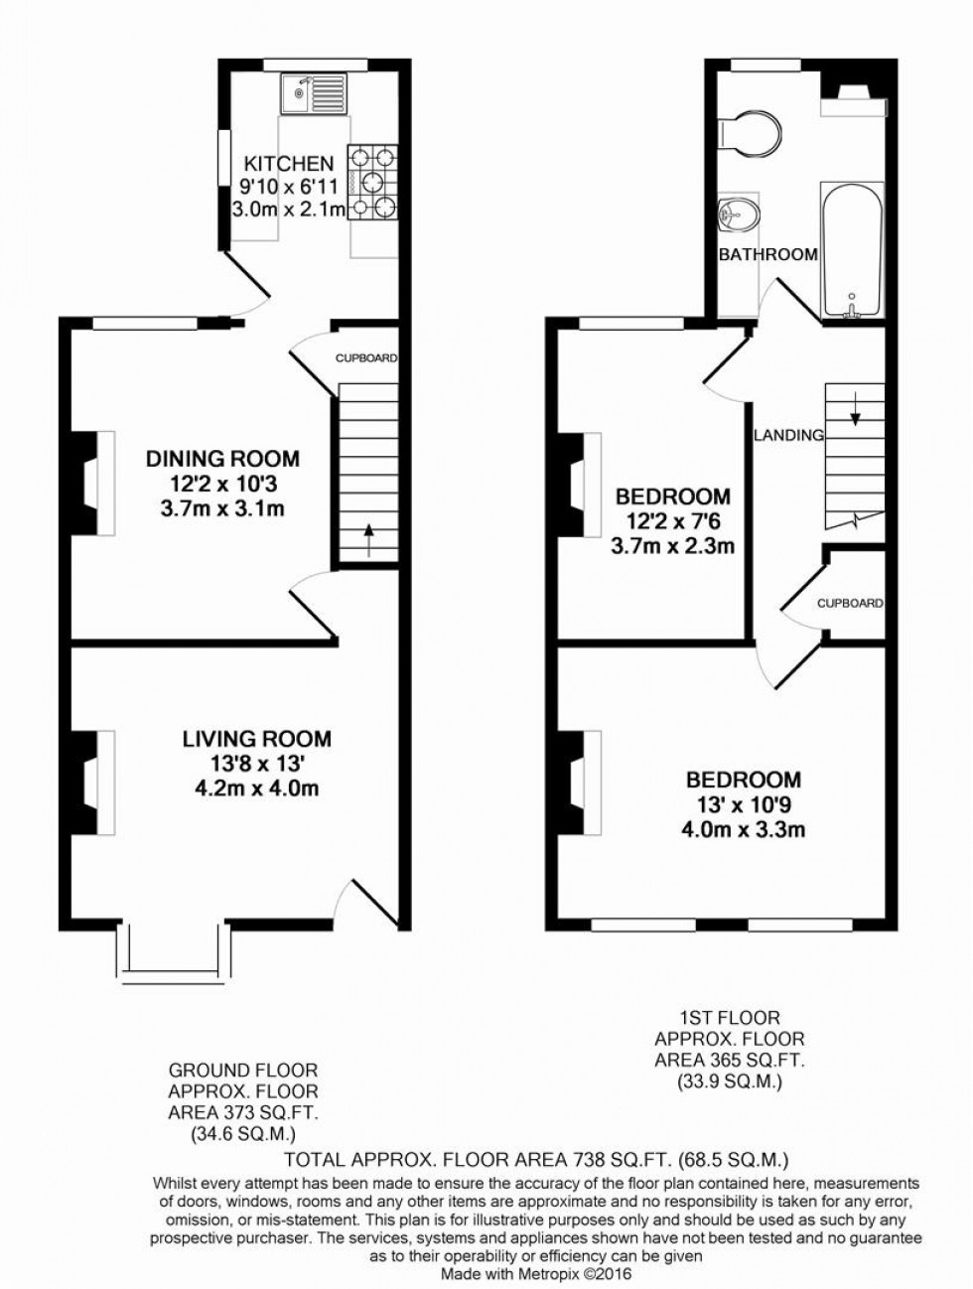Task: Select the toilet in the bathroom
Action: tap(751, 133)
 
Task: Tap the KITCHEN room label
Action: tap(290, 163)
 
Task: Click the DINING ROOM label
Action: tap(222, 459)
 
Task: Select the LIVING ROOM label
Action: tap(256, 739)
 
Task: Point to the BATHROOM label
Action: tap(768, 254)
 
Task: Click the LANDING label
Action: tap(788, 435)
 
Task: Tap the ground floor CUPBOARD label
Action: tap(365, 358)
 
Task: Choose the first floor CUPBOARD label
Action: tap(850, 603)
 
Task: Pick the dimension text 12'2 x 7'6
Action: tap(672, 521)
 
